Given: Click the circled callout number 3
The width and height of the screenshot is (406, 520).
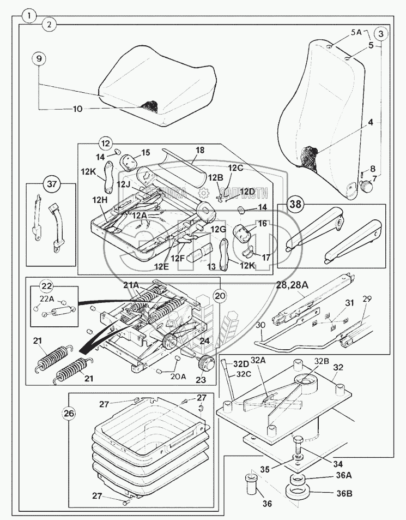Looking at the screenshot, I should pyautogui.click(x=381, y=34).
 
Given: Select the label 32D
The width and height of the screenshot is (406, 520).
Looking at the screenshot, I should pyautogui.click(x=241, y=364).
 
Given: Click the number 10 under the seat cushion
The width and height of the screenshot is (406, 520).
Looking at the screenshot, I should pyautogui.click(x=78, y=109).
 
